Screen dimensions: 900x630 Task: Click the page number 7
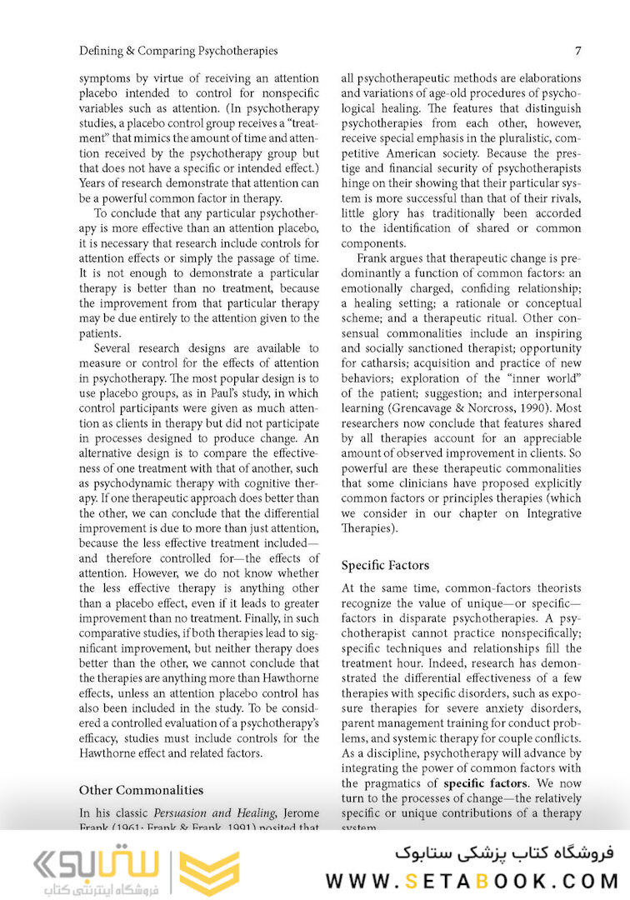[x=577, y=51]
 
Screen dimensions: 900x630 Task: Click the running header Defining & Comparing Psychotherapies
[x=178, y=51]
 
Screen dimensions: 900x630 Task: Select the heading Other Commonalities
[x=141, y=789]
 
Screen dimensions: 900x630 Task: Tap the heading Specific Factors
[x=385, y=565]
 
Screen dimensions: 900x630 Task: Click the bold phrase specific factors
[x=485, y=783]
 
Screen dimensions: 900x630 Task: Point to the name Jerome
[x=298, y=812]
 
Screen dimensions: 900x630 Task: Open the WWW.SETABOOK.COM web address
[x=472, y=880]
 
